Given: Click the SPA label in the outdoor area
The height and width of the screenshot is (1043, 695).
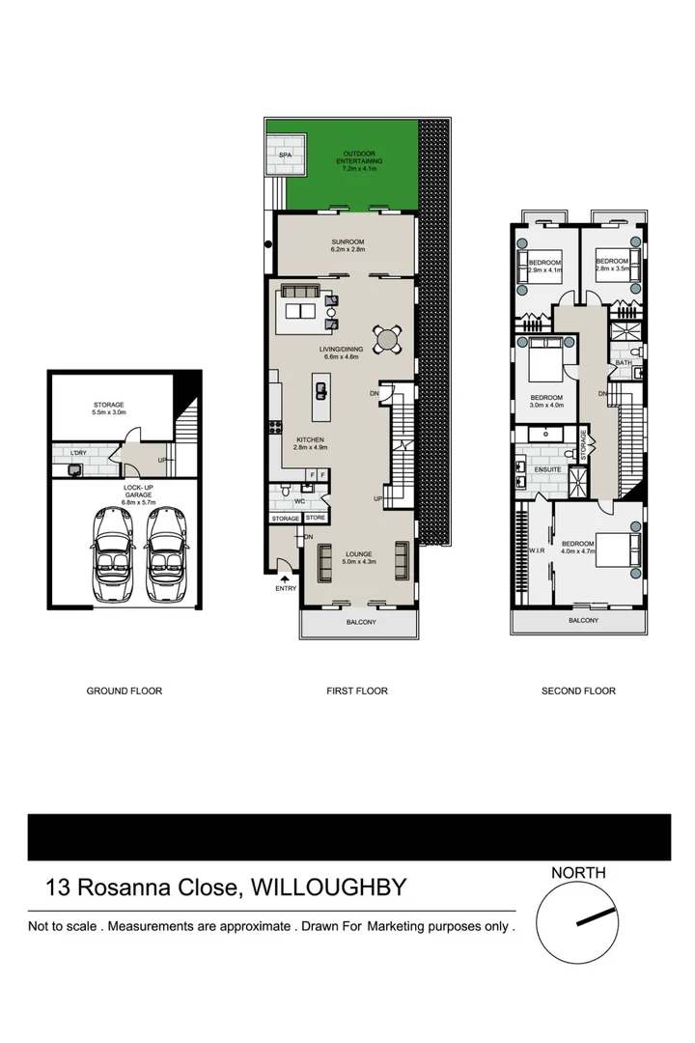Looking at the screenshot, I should [x=285, y=155].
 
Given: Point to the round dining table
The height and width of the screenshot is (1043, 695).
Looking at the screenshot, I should [x=388, y=338].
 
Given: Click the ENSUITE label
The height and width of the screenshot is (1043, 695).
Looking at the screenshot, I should [x=535, y=470].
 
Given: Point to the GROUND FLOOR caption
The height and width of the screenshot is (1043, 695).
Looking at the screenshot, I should [x=125, y=691].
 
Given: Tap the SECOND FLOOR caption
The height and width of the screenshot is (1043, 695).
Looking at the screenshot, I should [x=577, y=691].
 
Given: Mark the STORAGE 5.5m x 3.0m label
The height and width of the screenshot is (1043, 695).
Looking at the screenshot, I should [x=109, y=409].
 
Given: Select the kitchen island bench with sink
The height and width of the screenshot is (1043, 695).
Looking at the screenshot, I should [x=320, y=390].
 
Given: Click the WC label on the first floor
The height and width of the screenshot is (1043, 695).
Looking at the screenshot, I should [x=300, y=500].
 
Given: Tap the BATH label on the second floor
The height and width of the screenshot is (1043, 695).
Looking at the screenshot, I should [x=623, y=362].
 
